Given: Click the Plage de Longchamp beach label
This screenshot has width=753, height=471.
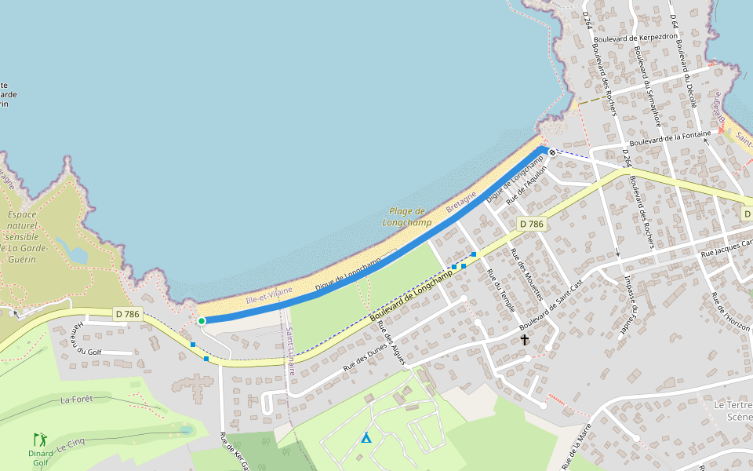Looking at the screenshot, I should pos(406,217).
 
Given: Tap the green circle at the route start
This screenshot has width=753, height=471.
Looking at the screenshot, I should pos(202,320).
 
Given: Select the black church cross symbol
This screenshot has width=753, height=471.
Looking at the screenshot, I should pos(525,340).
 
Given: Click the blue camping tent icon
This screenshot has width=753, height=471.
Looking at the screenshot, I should pos(366,437).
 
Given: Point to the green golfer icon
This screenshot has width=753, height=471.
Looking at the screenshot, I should pos(40,440).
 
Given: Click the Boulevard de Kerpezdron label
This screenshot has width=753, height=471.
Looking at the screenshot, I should pos(636,37).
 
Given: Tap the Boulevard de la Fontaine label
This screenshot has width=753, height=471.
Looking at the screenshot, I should pos(670,137).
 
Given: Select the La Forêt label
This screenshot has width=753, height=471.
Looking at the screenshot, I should pos(76,400).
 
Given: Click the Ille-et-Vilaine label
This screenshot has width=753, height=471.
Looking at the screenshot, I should pos(269,295).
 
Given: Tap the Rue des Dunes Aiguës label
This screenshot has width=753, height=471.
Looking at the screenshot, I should pos(390,344).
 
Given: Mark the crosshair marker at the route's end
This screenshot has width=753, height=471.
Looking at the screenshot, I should pos(552,152).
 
